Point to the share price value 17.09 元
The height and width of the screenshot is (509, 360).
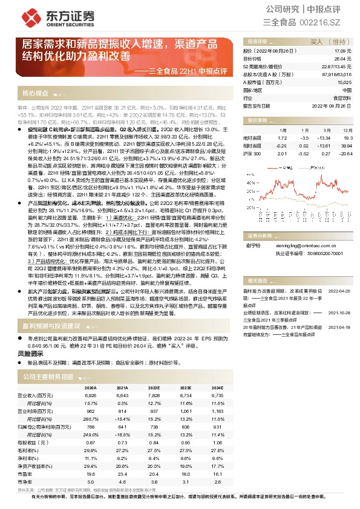tap(342, 52)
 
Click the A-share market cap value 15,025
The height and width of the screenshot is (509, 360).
tap(343, 82)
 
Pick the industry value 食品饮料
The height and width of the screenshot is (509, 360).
tap(342, 97)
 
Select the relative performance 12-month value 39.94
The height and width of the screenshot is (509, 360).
tap(345, 146)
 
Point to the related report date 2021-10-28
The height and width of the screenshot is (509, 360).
tap(339, 313)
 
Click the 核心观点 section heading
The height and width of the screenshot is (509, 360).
tap(35, 94)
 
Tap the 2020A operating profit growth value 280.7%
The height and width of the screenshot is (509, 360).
tap(91, 419)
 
